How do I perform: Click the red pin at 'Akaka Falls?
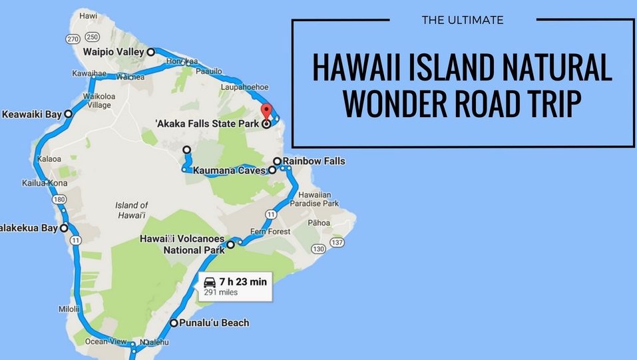coord(266,112)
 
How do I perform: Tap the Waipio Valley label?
coord(113,52)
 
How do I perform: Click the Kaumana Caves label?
coord(230,171)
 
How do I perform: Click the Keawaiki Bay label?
coord(31,114)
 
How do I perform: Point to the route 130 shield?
coord(318,249)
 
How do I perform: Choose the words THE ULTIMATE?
coord(463,20)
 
